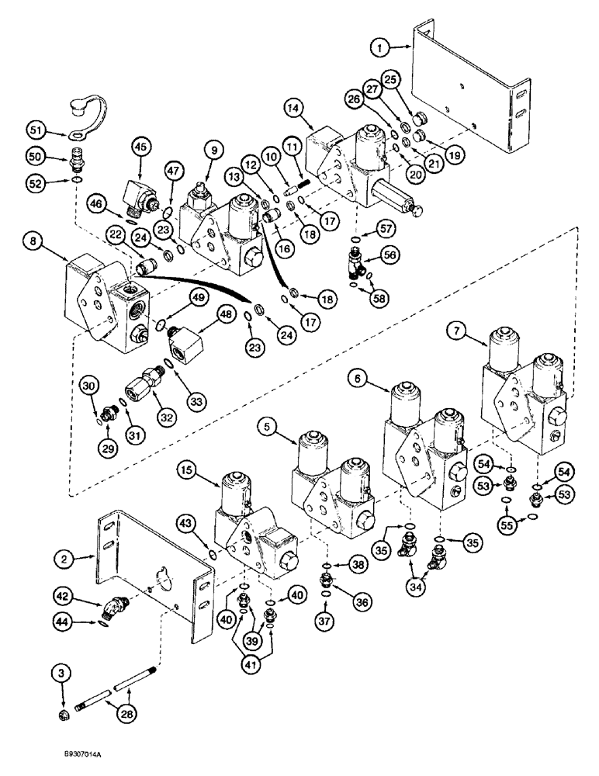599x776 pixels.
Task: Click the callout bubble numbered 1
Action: point(380,48)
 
